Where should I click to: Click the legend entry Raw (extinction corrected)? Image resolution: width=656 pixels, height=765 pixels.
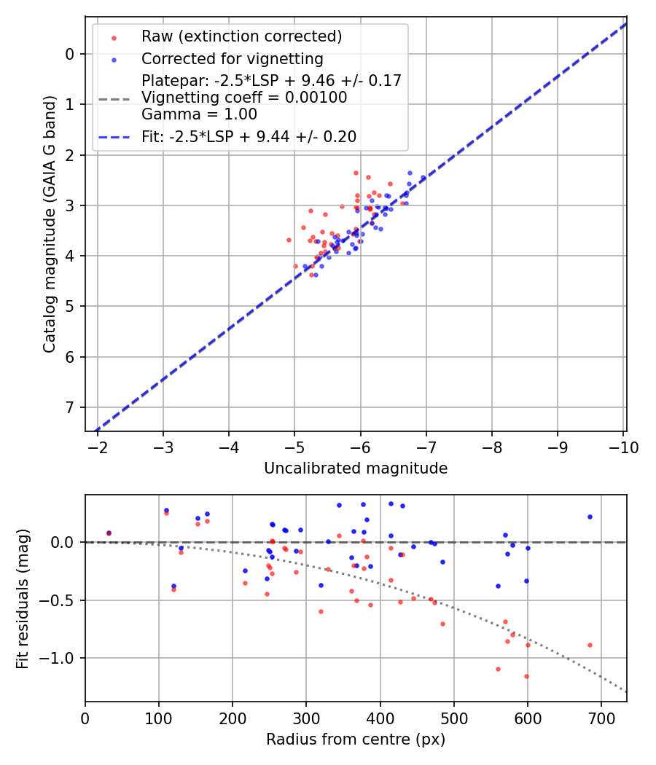coord(241,36)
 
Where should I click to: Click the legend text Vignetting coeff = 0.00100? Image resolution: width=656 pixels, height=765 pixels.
coord(244,97)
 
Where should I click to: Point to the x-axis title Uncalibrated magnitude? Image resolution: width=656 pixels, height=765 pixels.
coord(356,468)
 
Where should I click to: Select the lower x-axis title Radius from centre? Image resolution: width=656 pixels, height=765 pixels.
coord(356,739)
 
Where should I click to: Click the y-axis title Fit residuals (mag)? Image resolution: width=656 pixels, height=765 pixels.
coord(23,598)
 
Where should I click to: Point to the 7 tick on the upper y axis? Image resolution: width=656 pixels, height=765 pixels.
coord(71,407)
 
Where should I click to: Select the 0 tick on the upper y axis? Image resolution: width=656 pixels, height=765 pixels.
coord(71,54)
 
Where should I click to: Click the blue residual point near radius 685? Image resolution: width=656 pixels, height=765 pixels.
coord(590,517)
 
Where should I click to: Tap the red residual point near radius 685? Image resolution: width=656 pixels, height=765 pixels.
coord(590,645)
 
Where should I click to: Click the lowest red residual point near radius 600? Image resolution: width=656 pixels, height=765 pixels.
coord(526,676)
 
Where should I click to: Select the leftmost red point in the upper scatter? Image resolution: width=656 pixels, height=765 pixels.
coord(289,240)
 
